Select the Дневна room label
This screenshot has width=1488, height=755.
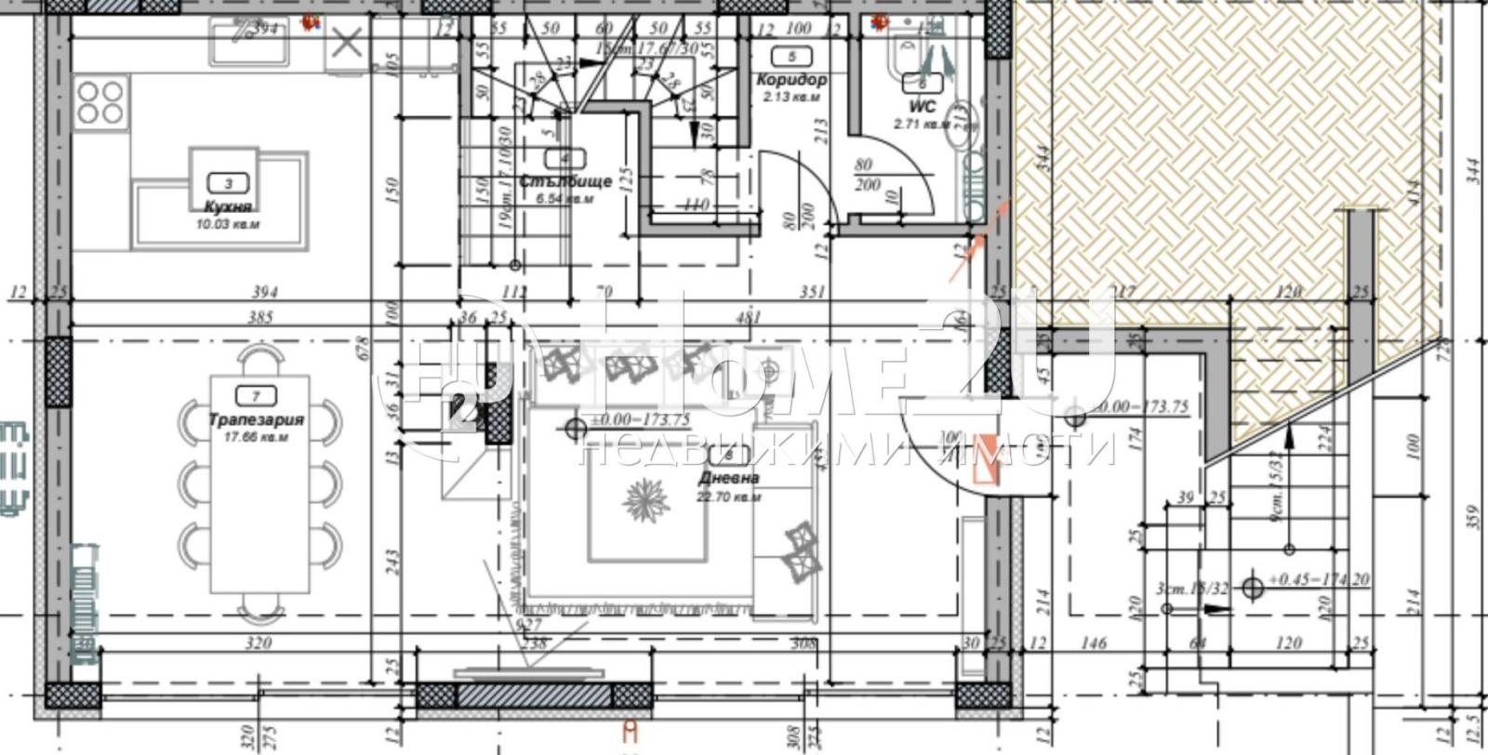(728, 478)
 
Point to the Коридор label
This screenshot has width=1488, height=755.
(791, 81)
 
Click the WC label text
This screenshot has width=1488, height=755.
(923, 108)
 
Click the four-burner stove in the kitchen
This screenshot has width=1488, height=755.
(101, 102)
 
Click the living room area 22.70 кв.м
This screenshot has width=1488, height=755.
(728, 497)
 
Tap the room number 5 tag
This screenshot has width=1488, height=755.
(791, 56)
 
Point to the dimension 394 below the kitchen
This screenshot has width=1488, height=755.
(264, 292)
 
